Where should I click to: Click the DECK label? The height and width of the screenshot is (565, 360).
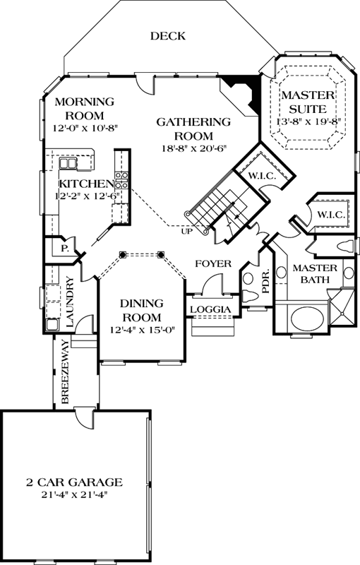pyautogui.click(x=167, y=36)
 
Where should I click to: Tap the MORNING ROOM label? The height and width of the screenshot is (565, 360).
pyautogui.click(x=79, y=108)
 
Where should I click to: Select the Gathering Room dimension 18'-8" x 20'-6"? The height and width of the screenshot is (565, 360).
pyautogui.click(x=193, y=148)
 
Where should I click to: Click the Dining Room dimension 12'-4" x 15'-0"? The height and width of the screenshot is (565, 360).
pyautogui.click(x=141, y=328)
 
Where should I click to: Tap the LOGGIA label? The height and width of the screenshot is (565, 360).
pyautogui.click(x=210, y=309)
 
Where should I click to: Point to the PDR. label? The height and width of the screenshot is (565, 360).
pyautogui.click(x=266, y=282)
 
